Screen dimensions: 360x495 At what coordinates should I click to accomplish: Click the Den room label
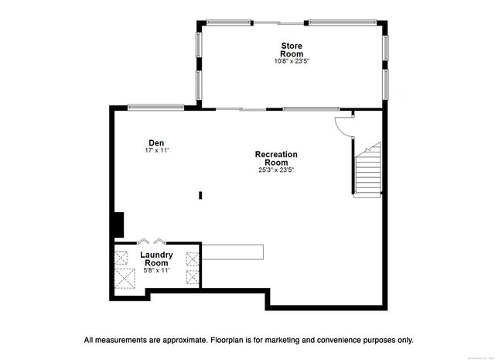tap(156, 142)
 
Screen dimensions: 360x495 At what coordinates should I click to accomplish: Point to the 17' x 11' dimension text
tap(156, 150)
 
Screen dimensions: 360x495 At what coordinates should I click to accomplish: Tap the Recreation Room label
tap(276, 159)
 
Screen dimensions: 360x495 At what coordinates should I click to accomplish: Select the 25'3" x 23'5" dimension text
tap(276, 170)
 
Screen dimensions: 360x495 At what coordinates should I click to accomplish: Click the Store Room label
tap(286, 50)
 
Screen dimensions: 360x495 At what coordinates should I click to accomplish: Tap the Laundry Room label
tap(156, 259)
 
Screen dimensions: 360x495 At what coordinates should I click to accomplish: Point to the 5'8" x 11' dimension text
tap(156, 270)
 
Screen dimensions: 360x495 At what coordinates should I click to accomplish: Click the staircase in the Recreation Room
tap(368, 170)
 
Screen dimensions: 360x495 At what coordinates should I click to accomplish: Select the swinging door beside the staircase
tap(342, 126)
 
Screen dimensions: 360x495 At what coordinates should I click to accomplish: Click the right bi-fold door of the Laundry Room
tap(159, 241)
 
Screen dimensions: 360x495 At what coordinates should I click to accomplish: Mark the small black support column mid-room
tap(200, 196)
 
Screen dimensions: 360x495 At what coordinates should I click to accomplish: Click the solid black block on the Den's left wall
tap(118, 224)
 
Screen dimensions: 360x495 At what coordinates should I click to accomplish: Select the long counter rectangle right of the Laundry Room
tap(232, 252)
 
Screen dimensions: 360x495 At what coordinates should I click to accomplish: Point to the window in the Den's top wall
tap(149, 107)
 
